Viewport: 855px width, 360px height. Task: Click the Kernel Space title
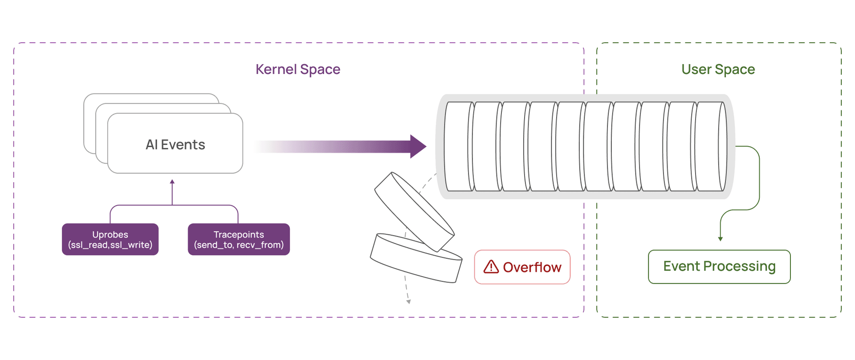pyautogui.click(x=297, y=70)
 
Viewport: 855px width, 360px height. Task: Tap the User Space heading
pyautogui.click(x=718, y=70)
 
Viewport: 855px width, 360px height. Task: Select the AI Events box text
pyautogui.click(x=175, y=145)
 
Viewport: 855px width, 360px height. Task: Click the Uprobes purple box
pyautogui.click(x=110, y=239)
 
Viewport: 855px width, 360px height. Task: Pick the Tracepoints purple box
pyautogui.click(x=239, y=239)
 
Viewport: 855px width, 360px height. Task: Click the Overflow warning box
pyautogui.click(x=522, y=267)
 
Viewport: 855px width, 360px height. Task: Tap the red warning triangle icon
pyautogui.click(x=491, y=267)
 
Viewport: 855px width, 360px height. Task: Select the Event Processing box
pyautogui.click(x=719, y=266)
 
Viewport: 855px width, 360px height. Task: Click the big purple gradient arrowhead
pyautogui.click(x=417, y=146)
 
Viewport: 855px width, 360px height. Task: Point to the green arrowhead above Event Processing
pyautogui.click(x=720, y=239)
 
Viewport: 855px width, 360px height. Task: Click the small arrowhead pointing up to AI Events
pyautogui.click(x=172, y=182)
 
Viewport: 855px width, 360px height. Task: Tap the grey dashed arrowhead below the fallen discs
pyautogui.click(x=408, y=302)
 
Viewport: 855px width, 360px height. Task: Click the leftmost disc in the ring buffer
pyautogui.click(x=459, y=146)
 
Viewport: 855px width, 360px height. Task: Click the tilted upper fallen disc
pyautogui.click(x=414, y=212)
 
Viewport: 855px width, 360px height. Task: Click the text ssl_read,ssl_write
pyautogui.click(x=110, y=245)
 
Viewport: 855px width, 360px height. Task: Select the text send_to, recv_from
pyautogui.click(x=239, y=245)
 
